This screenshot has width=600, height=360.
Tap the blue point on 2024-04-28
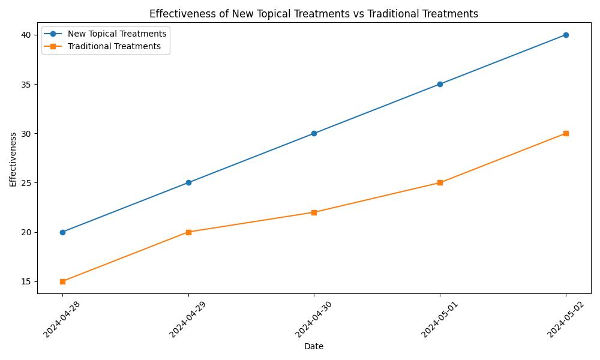coord(62,232)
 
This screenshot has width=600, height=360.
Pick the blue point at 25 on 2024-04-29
coord(188,182)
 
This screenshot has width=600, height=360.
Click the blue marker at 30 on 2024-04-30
coord(314,133)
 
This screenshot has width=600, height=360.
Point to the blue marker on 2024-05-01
coord(440,84)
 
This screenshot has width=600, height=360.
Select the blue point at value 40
coord(566,35)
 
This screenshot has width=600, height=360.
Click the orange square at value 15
coord(62,281)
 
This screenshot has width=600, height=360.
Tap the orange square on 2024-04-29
coord(188,232)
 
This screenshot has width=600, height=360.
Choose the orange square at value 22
coord(314,212)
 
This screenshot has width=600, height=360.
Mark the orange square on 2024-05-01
coord(440,182)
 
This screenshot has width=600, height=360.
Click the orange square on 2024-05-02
coord(566,133)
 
